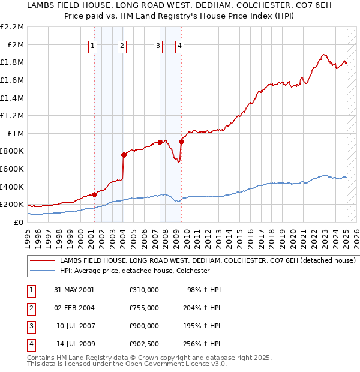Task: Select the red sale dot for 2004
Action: pyautogui.click(x=124, y=155)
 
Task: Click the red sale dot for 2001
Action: pyautogui.click(x=95, y=194)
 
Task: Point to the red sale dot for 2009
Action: pyautogui.click(x=181, y=142)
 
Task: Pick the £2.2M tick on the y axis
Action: pyautogui.click(x=13, y=27)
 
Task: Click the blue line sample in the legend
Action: pyautogui.click(x=42, y=271)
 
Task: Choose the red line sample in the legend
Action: pyautogui.click(x=42, y=261)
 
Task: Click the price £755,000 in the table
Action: pyautogui.click(x=143, y=308)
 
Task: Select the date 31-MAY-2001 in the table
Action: pyautogui.click(x=74, y=290)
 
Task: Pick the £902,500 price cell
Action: pyautogui.click(x=143, y=344)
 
